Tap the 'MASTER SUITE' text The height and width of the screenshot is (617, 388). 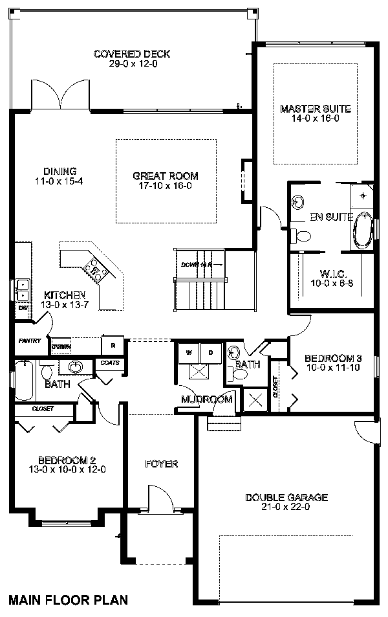point(315,108)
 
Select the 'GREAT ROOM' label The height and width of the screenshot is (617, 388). point(165,175)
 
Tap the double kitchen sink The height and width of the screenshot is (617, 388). point(21,289)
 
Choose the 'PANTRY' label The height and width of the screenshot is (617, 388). point(30,341)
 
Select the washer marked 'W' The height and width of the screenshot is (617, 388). point(189,353)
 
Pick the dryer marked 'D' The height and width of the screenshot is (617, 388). point(211,353)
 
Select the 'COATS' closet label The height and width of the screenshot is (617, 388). point(109,363)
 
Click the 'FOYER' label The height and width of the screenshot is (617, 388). point(161,464)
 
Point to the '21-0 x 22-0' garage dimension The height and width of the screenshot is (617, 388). point(286,508)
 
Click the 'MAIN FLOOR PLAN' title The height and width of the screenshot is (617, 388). point(68,600)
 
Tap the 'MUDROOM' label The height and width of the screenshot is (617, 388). point(206,399)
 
